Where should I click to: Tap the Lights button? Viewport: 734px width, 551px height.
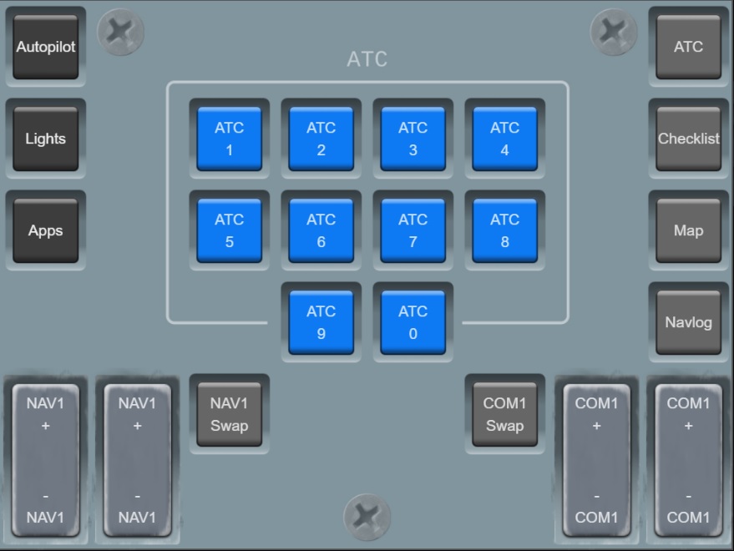tap(45, 139)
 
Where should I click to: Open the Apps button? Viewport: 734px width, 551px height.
tap(45, 230)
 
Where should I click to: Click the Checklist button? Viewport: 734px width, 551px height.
tap(688, 139)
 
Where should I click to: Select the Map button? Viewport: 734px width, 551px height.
tap(688, 230)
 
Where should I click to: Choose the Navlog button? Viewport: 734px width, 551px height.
tap(688, 322)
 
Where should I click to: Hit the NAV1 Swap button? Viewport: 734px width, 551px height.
tap(229, 414)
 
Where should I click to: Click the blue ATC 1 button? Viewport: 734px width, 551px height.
tap(229, 139)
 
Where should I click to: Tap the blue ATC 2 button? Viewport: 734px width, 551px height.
tap(321, 139)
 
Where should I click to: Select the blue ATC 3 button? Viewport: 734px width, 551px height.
tap(413, 139)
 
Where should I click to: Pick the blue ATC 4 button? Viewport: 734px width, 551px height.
tap(504, 139)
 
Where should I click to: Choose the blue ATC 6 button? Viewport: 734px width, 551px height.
tap(321, 230)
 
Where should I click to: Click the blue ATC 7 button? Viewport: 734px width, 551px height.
tap(413, 230)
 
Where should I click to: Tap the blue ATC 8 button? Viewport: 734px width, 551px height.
tap(504, 230)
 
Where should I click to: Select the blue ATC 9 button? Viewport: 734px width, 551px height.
tap(321, 322)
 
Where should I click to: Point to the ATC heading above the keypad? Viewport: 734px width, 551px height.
tap(367, 60)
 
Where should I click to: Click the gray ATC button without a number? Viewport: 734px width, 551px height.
tap(688, 47)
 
